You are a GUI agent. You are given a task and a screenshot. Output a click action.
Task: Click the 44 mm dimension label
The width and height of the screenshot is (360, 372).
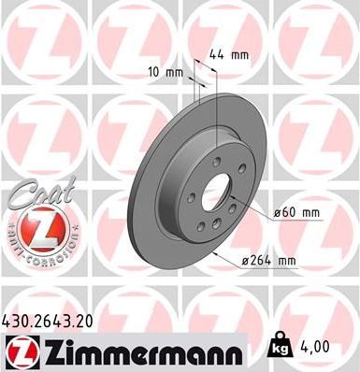point(228,55)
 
